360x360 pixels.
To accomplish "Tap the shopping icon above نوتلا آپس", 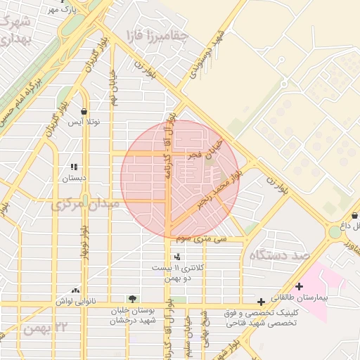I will click(84, 111).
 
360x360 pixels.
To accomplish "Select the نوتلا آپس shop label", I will click(84, 122).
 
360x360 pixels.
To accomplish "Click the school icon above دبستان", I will click(74, 167).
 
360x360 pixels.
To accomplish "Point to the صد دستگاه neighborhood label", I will click(278, 255).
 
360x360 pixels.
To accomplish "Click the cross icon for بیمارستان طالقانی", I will click(300, 286).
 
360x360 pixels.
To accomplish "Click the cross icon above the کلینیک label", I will click(261, 301).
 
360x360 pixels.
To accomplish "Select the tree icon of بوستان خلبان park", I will click(132, 300).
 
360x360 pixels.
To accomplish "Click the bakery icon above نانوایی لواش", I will click(76, 290).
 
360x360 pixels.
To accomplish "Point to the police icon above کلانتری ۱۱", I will click(177, 257).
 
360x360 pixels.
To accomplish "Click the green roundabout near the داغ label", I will click(335, 232).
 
